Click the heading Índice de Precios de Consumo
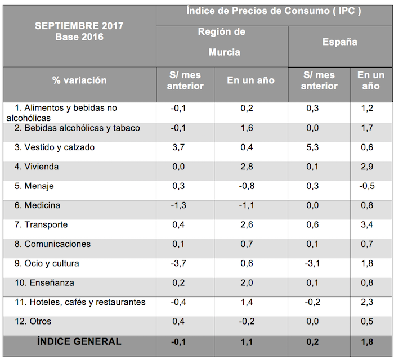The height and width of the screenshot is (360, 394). (x=274, y=11)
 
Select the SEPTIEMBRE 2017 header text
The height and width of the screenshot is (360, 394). (x=79, y=26)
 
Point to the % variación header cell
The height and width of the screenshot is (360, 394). (x=79, y=80)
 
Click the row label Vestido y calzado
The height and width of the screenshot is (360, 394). (x=55, y=147)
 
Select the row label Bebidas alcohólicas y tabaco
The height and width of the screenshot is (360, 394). (x=77, y=128)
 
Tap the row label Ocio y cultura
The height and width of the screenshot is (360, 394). (x=47, y=263)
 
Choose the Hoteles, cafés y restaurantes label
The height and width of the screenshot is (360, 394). (x=80, y=302)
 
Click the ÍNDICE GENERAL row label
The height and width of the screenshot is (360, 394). (x=79, y=341)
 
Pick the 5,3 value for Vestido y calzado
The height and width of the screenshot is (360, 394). (x=312, y=147)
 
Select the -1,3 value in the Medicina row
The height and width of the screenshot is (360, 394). (x=178, y=206)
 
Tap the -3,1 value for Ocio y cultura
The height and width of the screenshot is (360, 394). (x=312, y=263)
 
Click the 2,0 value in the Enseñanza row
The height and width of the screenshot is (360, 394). (x=248, y=283)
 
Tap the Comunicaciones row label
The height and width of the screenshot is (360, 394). (x=54, y=244)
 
